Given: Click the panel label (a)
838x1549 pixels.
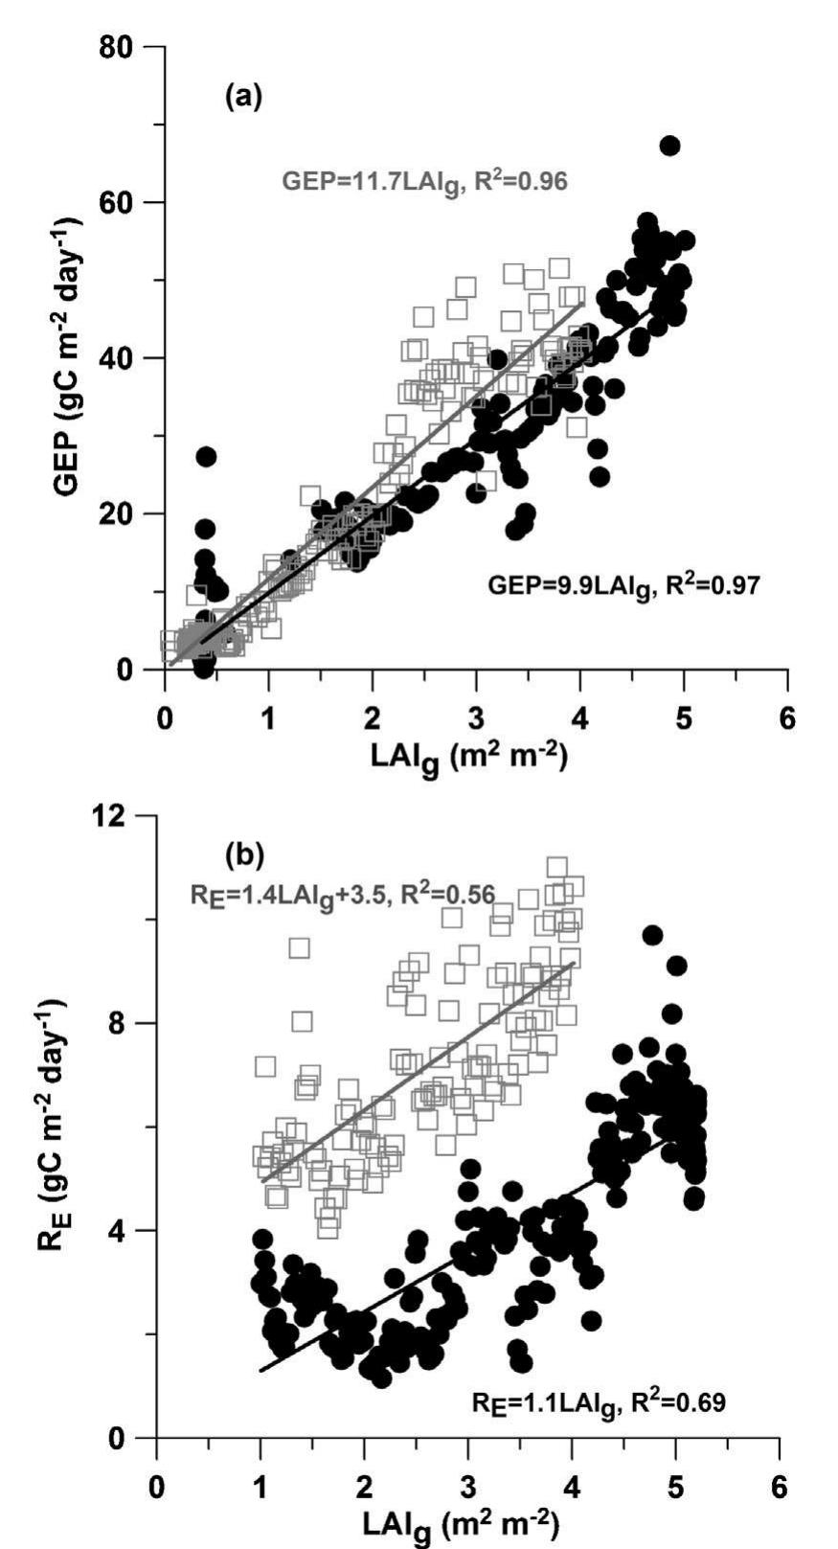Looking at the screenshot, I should [x=242, y=97].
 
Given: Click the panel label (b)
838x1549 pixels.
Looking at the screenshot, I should [x=242, y=852].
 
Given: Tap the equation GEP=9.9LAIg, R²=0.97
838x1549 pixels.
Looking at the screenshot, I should [x=624, y=584].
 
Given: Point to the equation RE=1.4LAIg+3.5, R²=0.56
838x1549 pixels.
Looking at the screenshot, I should [x=342, y=896].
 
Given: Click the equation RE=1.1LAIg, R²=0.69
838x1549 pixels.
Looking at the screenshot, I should [x=598, y=1403].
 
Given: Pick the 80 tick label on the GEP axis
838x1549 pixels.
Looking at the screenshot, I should [x=124, y=47].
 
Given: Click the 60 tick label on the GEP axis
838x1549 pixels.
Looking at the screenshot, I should [x=124, y=203].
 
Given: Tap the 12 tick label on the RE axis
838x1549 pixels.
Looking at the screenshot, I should [x=119, y=815].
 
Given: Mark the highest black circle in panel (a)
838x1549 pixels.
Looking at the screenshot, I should [x=669, y=146].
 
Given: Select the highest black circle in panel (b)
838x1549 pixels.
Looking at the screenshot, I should [x=652, y=935].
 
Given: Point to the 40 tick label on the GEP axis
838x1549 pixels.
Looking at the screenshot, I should [x=124, y=358].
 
